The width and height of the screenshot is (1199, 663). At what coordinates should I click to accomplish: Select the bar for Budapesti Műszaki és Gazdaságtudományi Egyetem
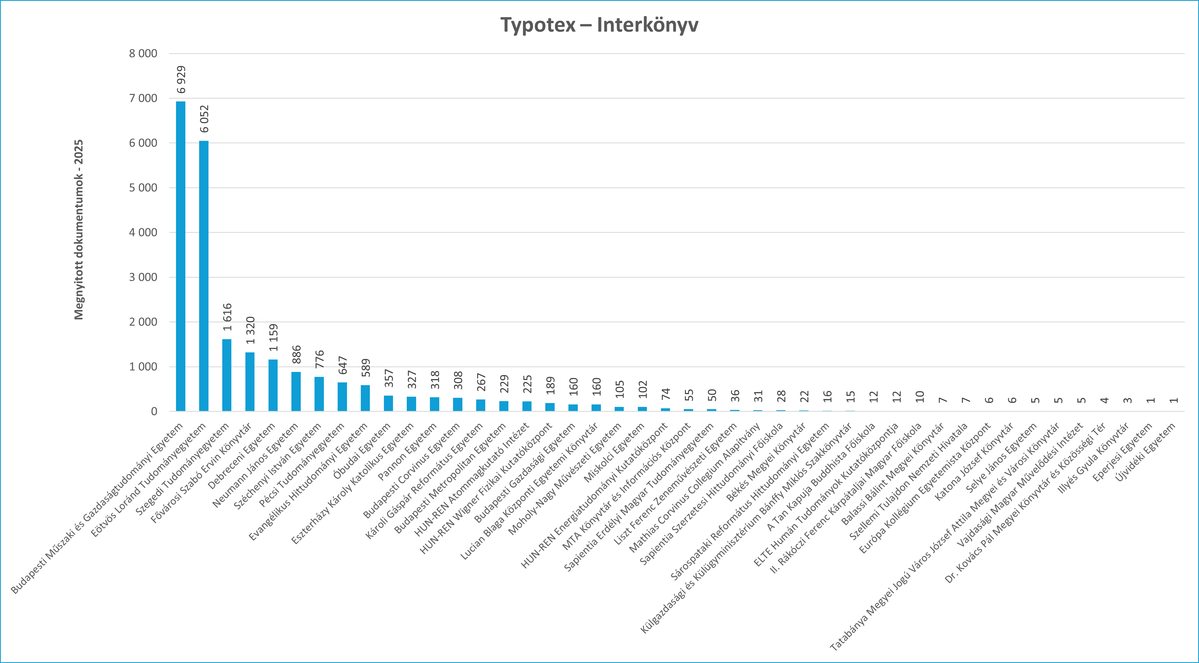181,256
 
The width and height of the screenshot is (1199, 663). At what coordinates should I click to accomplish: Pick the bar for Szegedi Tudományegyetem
227,375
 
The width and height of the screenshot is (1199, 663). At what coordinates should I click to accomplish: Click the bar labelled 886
296,391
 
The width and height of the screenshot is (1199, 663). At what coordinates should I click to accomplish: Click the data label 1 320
250,330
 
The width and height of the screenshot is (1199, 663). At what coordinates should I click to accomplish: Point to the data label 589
366,367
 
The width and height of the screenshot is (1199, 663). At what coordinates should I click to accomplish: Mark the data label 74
666,394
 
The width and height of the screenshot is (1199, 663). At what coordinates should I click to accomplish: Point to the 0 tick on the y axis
154,412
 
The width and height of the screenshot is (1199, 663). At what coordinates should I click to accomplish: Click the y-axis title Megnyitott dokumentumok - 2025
79,229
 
